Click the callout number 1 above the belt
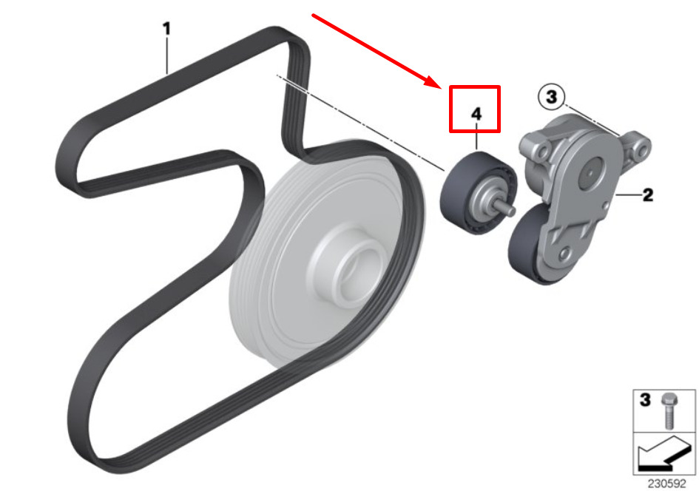pyautogui.click(x=166, y=29)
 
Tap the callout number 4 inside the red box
pyautogui.click(x=476, y=114)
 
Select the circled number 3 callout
pyautogui.click(x=552, y=97)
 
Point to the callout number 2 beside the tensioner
pyautogui.click(x=648, y=194)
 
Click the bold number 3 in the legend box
pyautogui.click(x=645, y=399)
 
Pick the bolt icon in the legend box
pyautogui.click(x=668, y=411)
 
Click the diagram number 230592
pyautogui.click(x=667, y=484)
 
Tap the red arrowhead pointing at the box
pyautogui.click(x=433, y=82)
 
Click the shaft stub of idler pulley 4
pyautogui.click(x=506, y=207)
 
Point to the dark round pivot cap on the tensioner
pyautogui.click(x=591, y=172)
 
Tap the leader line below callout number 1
pyautogui.click(x=167, y=55)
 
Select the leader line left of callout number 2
pyautogui.click(x=628, y=195)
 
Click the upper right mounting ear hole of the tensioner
pyautogui.click(x=642, y=151)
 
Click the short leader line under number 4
pyautogui.click(x=476, y=137)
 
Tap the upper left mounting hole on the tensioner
pyautogui.click(x=542, y=152)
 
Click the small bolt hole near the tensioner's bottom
pyautogui.click(x=564, y=254)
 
